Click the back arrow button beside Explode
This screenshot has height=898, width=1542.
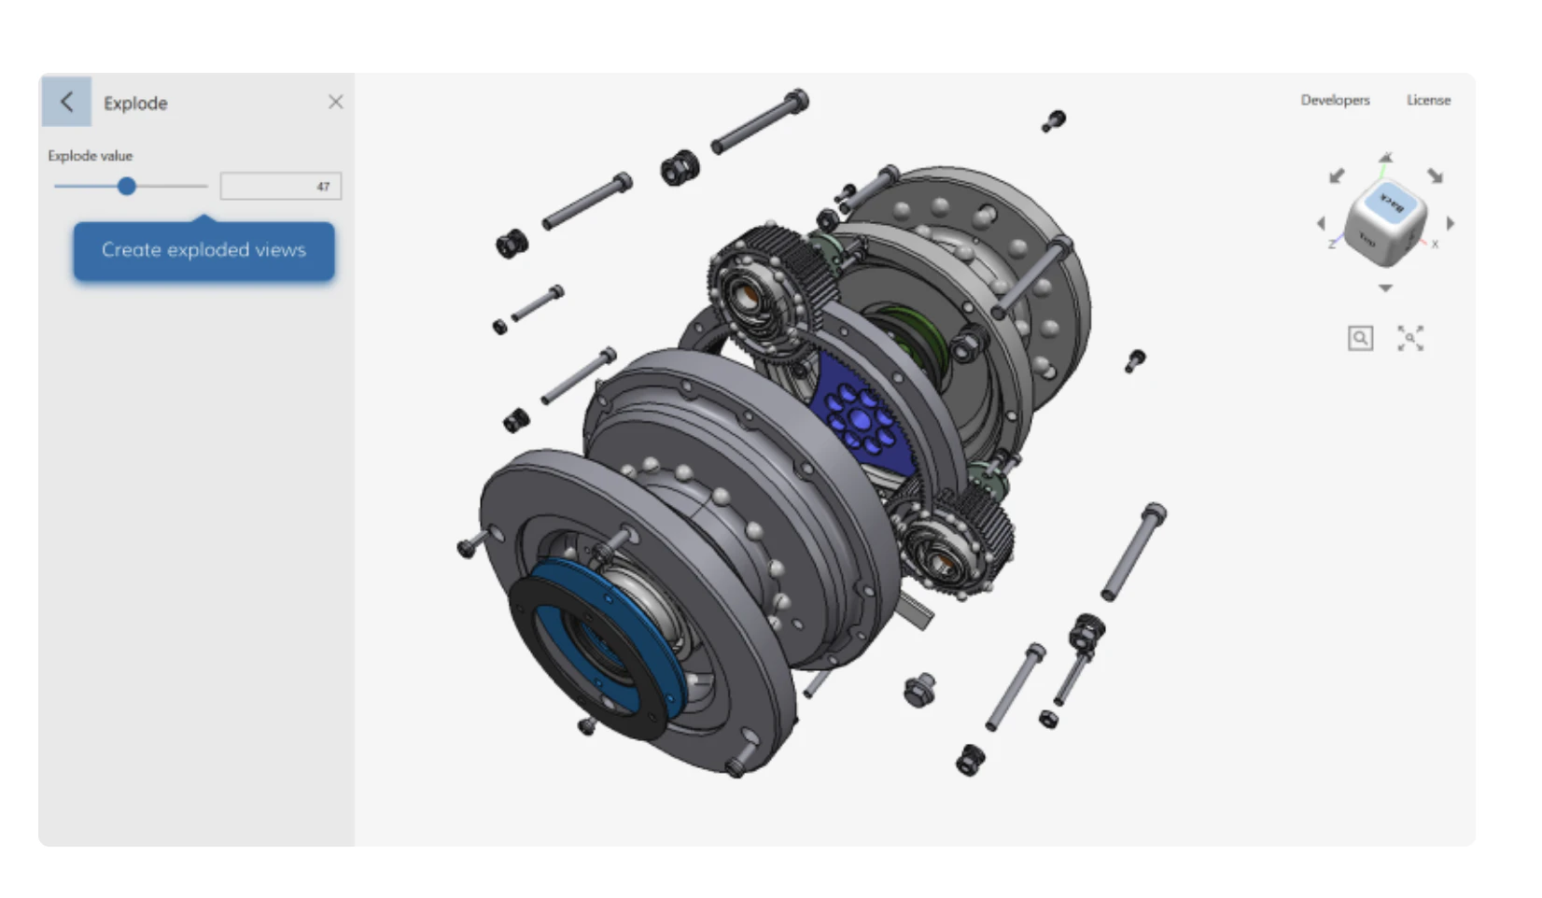tap(66, 102)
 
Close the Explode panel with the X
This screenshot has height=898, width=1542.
tap(335, 102)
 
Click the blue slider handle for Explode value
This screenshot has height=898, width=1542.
tap(127, 187)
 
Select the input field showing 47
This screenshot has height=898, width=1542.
tap(280, 187)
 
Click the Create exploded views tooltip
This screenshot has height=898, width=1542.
tap(203, 250)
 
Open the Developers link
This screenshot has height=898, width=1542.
tap(1335, 100)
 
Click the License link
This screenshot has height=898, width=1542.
tap(1428, 100)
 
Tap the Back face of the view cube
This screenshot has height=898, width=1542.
tap(1391, 201)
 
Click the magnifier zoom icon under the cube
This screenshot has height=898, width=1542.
tap(1360, 338)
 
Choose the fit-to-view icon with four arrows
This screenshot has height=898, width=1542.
tap(1410, 338)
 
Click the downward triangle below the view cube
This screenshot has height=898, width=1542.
tap(1385, 288)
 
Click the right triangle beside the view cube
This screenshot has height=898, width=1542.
tap(1450, 224)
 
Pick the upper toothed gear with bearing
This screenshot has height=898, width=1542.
tap(761, 289)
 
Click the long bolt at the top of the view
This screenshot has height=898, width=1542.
tap(758, 122)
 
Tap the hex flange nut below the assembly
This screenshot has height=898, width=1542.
tap(919, 690)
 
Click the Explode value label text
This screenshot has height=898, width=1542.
tap(91, 156)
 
